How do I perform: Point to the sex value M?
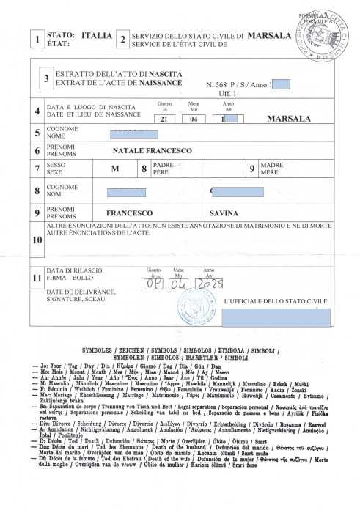[114, 169]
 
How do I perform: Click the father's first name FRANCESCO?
[129, 213]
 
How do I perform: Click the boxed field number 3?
[46, 78]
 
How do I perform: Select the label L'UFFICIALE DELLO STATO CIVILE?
[275, 301]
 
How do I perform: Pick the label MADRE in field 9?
[271, 166]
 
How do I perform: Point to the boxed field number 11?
[37, 279]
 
